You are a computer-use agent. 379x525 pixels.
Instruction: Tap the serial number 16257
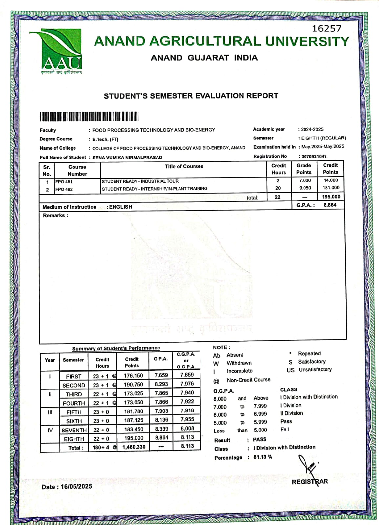tap(326, 29)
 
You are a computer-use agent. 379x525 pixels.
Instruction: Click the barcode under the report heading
tap(89, 116)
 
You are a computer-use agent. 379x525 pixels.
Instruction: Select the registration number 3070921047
tap(314, 157)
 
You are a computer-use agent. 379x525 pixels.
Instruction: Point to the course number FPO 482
tap(64, 189)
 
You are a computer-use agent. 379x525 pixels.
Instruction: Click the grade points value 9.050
tap(305, 188)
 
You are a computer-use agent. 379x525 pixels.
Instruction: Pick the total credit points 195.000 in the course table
tap(331, 197)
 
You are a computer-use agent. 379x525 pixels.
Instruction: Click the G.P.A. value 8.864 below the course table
tap(330, 205)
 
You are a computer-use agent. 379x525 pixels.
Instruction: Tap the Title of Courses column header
tap(184, 166)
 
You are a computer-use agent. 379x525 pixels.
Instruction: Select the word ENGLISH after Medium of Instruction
tap(120, 207)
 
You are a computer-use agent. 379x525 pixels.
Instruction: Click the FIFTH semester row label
tap(74, 412)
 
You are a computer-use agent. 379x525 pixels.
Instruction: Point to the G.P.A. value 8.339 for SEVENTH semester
tap(161, 429)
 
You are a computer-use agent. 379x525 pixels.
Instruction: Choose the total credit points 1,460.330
tap(134, 447)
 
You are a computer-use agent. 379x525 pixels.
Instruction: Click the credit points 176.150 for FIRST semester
tap(133, 376)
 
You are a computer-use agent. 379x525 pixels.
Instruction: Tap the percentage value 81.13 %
tap(263, 457)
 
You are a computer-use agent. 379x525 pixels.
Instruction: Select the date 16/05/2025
tap(76, 486)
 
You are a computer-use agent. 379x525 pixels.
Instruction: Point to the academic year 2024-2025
tap(312, 129)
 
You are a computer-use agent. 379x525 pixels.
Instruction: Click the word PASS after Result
tap(260, 439)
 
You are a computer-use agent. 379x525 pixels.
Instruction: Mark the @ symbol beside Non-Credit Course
tap(216, 381)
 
